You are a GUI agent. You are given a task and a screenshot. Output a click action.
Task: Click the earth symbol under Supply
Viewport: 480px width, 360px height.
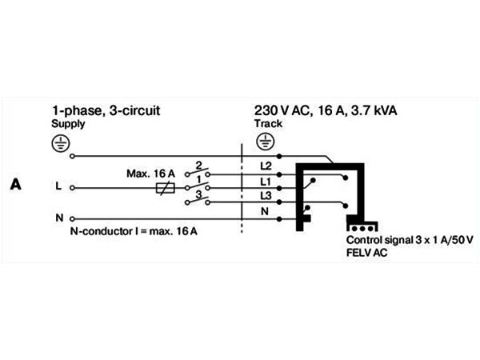coord(61,143)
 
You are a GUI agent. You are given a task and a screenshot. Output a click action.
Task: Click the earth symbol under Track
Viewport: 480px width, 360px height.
coord(266,142)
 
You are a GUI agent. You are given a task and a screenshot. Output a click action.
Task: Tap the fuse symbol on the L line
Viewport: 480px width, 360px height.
coord(166,188)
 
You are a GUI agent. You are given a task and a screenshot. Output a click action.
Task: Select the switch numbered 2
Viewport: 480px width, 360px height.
coord(198,172)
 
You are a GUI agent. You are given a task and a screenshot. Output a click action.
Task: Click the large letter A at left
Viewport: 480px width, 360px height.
coord(16,184)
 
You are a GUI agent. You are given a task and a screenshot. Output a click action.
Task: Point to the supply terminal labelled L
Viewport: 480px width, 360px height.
coord(72,188)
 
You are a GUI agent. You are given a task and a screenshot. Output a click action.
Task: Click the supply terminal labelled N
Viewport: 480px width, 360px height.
coord(72,219)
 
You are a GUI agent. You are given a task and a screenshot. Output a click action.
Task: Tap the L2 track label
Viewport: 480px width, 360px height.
coord(266,166)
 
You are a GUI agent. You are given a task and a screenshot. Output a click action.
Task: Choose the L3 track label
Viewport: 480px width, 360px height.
coord(266,196)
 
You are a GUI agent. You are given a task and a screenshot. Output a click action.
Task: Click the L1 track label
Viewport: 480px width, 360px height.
coord(266,182)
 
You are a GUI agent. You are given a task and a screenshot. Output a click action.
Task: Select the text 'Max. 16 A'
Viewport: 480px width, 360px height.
coord(150,174)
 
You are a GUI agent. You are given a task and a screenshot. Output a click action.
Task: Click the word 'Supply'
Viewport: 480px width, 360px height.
coord(68,124)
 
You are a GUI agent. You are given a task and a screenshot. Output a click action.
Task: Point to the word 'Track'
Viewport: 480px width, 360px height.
coord(268,123)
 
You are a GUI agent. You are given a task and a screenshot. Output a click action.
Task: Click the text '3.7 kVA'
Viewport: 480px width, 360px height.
coord(374,110)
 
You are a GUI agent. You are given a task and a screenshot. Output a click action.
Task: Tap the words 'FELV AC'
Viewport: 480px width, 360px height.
coord(366,253)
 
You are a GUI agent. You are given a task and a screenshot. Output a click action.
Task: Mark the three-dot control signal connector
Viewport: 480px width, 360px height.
coord(362,228)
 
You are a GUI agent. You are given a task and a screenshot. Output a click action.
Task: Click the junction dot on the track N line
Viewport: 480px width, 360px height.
coord(279,219)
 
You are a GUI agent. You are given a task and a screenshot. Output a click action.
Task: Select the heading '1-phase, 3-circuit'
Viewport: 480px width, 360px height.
coord(106,111)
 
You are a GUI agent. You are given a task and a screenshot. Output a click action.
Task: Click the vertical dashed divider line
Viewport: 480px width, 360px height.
coord(242,188)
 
